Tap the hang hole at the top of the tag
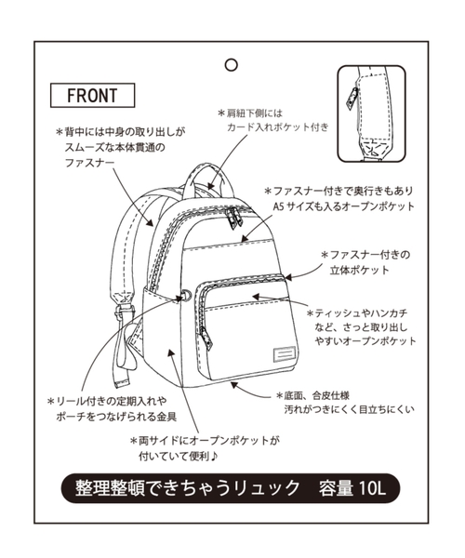tap(231, 65)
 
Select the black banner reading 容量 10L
tap(232, 485)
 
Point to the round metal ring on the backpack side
tap(186, 297)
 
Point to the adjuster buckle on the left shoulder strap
tap(126, 300)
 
